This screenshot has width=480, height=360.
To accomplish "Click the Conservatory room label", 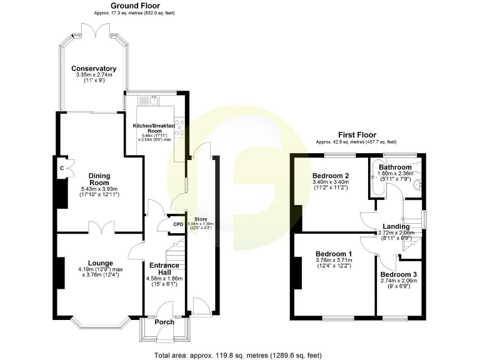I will [x=94, y=69].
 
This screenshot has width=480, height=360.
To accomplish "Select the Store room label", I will [x=200, y=219].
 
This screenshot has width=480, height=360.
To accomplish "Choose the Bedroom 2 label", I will [x=331, y=176].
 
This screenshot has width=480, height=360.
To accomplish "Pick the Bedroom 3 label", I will [x=398, y=275].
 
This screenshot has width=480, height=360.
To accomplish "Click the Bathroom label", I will [x=394, y=167].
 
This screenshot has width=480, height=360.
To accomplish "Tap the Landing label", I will [x=396, y=226].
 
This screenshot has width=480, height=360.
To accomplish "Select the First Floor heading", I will [x=356, y=134].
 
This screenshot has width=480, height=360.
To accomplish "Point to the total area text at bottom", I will [x=239, y=355].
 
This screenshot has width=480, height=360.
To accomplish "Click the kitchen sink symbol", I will [x=152, y=100].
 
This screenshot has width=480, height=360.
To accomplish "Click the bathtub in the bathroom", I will [x=374, y=181].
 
